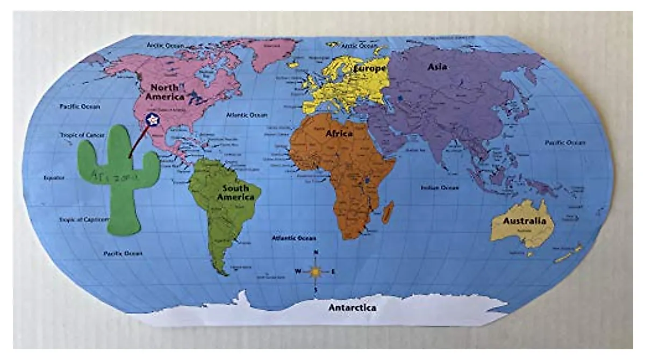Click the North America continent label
click(x=167, y=92)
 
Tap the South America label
click(x=235, y=192)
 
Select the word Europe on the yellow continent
click(x=369, y=69)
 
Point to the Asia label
click(x=437, y=67)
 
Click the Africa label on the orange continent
click(x=339, y=134)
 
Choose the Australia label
click(x=524, y=221)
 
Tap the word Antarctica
click(x=352, y=308)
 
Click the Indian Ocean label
click(x=440, y=188)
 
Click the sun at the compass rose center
click(x=316, y=272)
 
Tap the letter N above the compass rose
click(x=316, y=253)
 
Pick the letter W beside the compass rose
click(x=297, y=271)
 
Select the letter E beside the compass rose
click(x=333, y=272)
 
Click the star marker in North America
click(x=153, y=119)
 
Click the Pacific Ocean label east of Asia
click(x=565, y=143)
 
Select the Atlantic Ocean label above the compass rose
click(x=293, y=237)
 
